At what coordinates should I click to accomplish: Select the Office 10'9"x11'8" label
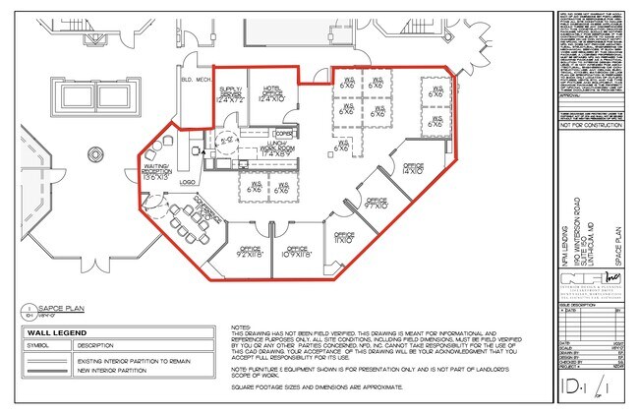point(298,251)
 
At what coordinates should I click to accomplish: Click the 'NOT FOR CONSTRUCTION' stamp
point(592,126)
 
